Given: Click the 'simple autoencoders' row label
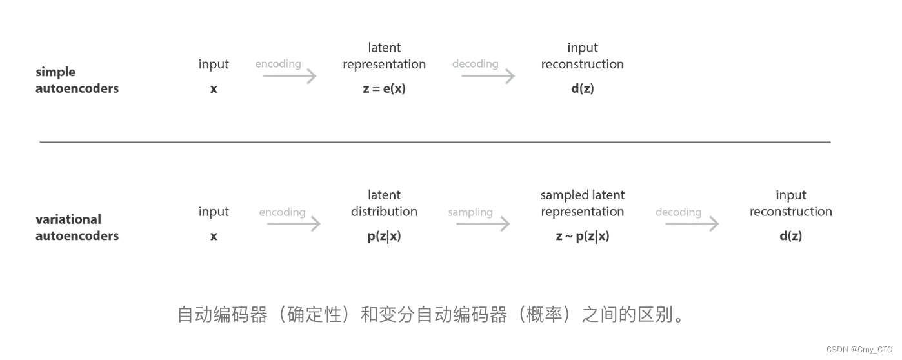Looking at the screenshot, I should tap(77, 80).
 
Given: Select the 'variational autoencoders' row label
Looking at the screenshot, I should tap(77, 227).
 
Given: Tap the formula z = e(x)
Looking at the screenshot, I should tap(384, 88).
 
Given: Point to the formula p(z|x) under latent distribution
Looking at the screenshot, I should tap(384, 235).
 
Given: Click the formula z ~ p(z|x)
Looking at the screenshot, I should tap(582, 235).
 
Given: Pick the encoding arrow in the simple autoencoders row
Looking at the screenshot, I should tap(290, 76).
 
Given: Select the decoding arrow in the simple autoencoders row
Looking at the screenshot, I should tap(488, 76).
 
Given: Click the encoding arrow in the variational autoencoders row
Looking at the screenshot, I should tap(294, 224).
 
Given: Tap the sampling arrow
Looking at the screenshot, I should tap(483, 224).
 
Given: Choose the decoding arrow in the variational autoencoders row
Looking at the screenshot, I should tap(692, 224).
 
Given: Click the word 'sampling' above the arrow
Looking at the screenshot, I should tap(470, 212).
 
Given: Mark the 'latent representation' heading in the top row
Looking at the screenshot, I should tap(384, 56).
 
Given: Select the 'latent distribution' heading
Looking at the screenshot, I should tap(384, 203).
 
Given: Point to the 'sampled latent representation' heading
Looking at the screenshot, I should tap(582, 203).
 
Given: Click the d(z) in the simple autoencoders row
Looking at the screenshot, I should tap(582, 88).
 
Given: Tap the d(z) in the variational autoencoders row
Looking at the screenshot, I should tap(790, 235).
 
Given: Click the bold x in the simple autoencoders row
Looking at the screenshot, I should tap(214, 89).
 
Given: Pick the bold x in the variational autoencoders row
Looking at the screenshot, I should tap(214, 236).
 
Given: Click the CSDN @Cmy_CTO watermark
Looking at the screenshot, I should tap(859, 349).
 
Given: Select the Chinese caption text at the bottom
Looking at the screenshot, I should tap(431, 315).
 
